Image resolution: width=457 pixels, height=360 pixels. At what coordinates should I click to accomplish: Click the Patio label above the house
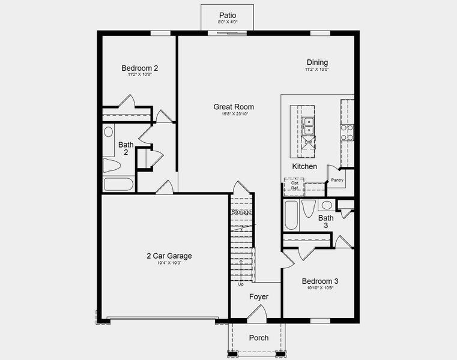[x=227, y=15]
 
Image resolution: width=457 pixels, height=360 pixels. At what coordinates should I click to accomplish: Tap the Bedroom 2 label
[x=139, y=68]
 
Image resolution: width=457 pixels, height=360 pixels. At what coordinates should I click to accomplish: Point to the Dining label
[x=317, y=62]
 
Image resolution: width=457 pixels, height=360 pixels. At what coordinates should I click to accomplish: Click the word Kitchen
[x=304, y=166]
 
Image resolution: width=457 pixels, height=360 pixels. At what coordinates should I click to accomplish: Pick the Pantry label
[x=337, y=180]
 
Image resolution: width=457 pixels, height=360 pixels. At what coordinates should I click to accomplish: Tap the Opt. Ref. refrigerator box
[x=294, y=187]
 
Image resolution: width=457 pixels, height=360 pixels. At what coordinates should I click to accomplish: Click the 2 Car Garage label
[x=169, y=256]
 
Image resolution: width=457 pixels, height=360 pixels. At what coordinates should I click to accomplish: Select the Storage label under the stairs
[x=241, y=212]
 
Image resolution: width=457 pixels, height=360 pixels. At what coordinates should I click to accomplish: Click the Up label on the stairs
[x=241, y=284]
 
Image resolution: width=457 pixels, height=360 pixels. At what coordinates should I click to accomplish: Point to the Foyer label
[x=259, y=297]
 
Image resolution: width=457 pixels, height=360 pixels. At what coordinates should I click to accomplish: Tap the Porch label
[x=259, y=338]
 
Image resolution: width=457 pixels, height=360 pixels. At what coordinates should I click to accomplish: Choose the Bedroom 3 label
[x=320, y=281]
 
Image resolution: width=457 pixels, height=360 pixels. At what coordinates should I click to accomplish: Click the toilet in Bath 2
[x=112, y=166]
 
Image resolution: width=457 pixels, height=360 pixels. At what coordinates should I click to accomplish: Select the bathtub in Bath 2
[x=118, y=184]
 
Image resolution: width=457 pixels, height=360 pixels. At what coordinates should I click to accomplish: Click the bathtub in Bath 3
[x=291, y=215]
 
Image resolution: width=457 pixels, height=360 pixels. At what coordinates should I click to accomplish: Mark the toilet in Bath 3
[x=309, y=209]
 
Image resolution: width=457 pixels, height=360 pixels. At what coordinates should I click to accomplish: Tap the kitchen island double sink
[x=309, y=125]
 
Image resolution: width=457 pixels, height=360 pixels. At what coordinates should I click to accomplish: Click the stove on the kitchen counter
[x=347, y=133]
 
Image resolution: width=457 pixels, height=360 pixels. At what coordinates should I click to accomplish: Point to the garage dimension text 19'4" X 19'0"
[x=169, y=263]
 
